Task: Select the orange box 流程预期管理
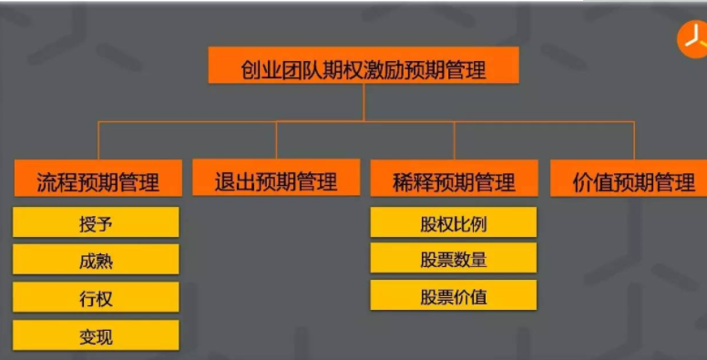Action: tap(97, 180)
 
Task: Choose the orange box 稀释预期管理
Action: tap(454, 180)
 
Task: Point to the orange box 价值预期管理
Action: tap(634, 180)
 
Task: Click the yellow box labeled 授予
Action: tap(96, 223)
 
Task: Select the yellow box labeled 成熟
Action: tap(96, 261)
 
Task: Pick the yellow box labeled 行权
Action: tap(96, 298)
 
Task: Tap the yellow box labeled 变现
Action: tap(96, 336)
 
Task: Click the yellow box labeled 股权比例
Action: tap(454, 223)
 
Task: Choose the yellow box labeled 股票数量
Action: tap(454, 260)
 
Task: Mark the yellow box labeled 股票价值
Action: tap(454, 296)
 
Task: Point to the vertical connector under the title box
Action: tap(364, 102)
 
